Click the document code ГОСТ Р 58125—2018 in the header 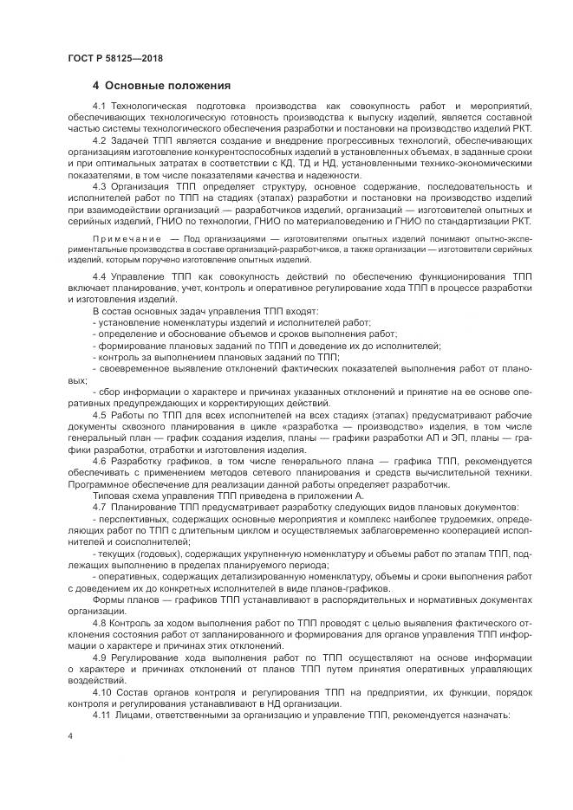coord(115,57)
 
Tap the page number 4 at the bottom coord(68,735)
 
